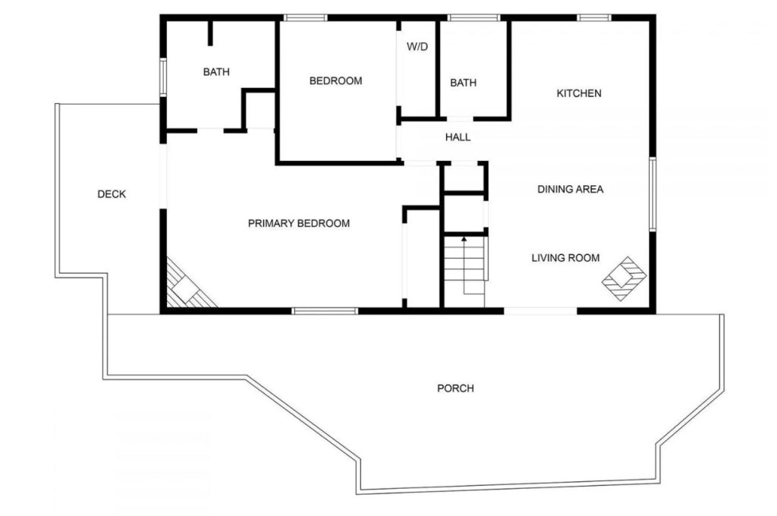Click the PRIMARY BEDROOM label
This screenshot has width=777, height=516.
[299, 224]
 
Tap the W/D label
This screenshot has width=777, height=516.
[417, 47]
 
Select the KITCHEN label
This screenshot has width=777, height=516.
[579, 93]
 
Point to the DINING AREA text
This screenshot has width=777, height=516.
[571, 189]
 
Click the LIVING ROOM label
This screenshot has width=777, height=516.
[565, 258]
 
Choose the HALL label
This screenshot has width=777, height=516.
[458, 137]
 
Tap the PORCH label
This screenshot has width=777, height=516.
[455, 388]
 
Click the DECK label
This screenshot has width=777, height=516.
[112, 194]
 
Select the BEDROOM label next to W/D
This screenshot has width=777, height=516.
[335, 80]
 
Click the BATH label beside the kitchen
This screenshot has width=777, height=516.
[464, 83]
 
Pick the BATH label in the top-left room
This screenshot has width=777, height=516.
[216, 72]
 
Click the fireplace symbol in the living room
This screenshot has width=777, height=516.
[624, 278]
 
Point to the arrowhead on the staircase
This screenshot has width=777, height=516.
[464, 240]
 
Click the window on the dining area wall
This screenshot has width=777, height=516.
[653, 194]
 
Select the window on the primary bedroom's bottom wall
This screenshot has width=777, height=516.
[325, 311]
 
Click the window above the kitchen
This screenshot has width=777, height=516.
[594, 18]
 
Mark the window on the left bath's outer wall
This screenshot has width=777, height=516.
[162, 77]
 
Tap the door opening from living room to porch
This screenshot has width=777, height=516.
[540, 311]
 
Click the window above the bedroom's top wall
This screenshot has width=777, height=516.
[306, 18]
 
